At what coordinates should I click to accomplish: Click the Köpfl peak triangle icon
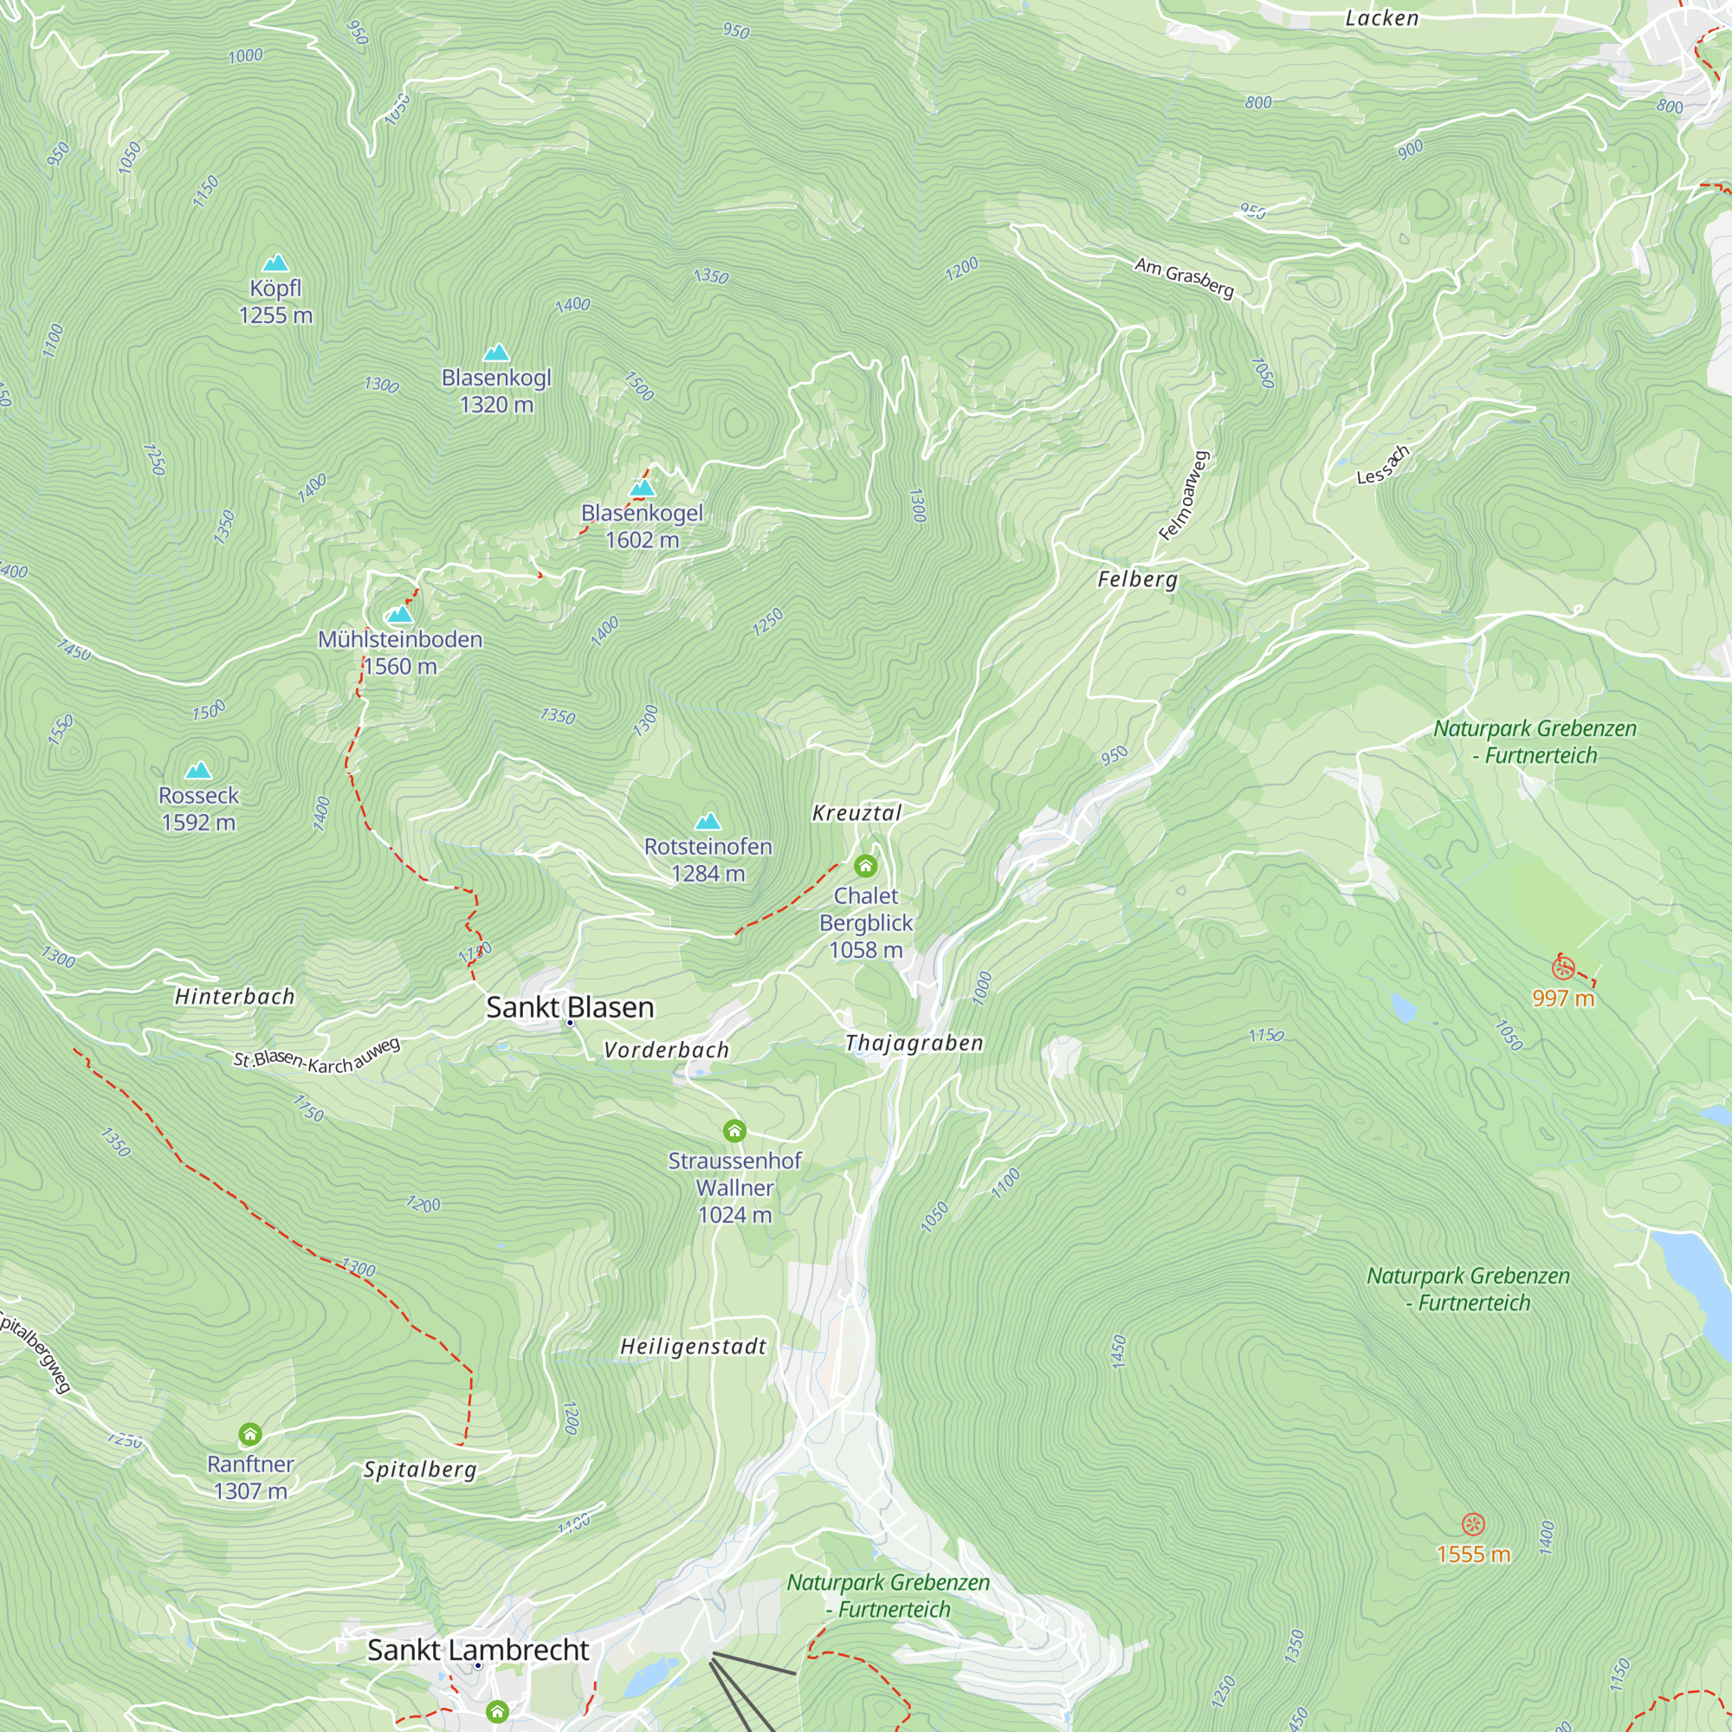coord(275,262)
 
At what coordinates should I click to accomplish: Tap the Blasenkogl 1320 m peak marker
coord(495,352)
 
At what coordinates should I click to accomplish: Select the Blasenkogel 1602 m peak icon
coord(642,488)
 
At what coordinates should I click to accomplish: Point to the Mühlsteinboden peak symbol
coord(400,615)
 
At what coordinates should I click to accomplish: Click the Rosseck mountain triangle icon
coord(198,770)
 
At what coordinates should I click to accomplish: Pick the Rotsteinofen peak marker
coord(708,821)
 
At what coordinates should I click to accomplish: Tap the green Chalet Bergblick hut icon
coord(865,866)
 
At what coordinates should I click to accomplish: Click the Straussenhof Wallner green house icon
coord(734,1130)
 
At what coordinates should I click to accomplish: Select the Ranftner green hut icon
coord(250,1434)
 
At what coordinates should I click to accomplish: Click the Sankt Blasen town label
coord(569,1007)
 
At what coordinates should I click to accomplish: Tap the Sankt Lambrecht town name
coord(478,1650)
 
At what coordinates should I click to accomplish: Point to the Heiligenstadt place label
coord(693,1347)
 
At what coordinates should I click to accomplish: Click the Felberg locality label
coord(1138,579)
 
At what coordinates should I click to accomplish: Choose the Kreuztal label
coord(856,813)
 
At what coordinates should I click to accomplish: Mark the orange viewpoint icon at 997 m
coord(1563,967)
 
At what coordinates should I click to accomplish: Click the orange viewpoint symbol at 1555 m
coord(1473,1524)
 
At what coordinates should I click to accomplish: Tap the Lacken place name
coord(1381,19)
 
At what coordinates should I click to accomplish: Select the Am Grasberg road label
coord(1183,277)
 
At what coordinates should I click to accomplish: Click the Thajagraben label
coord(914,1043)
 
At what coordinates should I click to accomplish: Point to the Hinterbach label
coord(234,996)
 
